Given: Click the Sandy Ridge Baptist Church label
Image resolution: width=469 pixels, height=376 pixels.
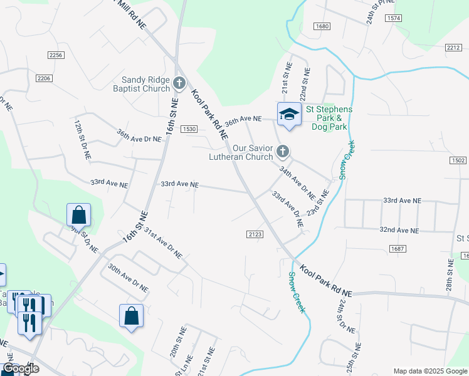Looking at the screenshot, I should [145, 83].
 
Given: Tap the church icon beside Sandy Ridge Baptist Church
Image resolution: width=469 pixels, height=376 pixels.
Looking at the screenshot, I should [179, 83].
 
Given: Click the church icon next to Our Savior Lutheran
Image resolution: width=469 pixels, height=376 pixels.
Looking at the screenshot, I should [283, 151].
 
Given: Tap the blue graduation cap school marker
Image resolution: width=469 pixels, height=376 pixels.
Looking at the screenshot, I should [288, 115].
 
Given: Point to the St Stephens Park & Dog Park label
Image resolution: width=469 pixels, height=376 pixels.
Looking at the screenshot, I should [329, 118].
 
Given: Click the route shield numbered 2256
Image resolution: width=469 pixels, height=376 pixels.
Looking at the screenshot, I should [56, 55].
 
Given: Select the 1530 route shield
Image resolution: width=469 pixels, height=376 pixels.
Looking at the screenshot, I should [189, 129].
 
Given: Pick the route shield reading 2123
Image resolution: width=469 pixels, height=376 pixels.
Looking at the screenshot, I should [255, 234].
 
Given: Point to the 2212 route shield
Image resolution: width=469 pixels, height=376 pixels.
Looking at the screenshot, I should [454, 48].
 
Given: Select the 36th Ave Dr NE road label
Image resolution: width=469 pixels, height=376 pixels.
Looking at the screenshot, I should [139, 135].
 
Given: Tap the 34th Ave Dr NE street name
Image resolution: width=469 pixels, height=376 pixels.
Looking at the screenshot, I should [297, 179].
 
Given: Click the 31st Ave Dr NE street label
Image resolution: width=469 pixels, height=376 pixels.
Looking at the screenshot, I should [163, 243].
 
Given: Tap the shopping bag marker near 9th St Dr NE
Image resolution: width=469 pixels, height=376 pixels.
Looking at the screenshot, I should [79, 215].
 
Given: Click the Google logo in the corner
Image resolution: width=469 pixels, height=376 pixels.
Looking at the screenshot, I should [21, 368].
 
